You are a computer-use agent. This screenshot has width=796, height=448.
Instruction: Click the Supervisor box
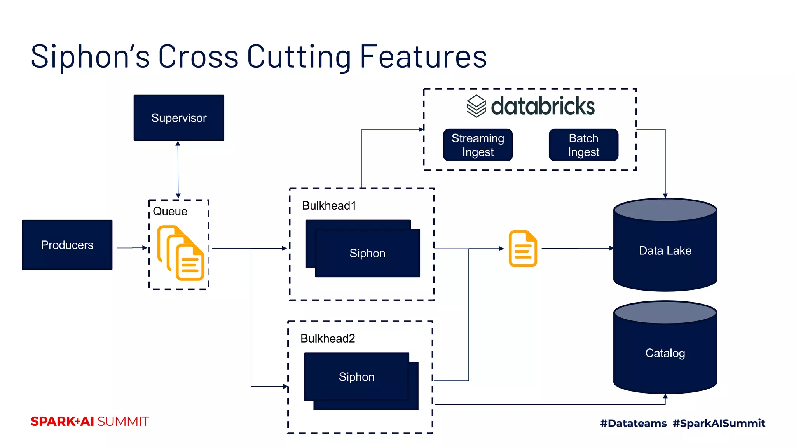point(179,118)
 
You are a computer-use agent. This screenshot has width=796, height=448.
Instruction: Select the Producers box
point(67,245)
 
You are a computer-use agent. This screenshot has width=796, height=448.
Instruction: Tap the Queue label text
point(170,211)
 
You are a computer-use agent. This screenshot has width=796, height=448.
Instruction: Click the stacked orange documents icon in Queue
point(181,253)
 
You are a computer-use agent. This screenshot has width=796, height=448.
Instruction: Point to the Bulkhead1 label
point(329,205)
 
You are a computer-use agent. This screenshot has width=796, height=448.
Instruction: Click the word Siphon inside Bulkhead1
point(367,253)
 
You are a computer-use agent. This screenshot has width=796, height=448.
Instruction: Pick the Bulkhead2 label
point(327,338)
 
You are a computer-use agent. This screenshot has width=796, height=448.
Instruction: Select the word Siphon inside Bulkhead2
point(356,377)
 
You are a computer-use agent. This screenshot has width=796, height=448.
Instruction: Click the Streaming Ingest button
point(478,145)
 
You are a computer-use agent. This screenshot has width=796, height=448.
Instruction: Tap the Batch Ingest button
point(583,145)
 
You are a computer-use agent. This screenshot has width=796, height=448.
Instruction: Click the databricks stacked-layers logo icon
point(476,106)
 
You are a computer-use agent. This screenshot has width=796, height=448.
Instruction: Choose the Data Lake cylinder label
point(665,250)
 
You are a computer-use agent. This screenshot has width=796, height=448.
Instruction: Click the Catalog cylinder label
point(665,353)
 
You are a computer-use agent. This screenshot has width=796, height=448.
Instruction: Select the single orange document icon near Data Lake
point(523,248)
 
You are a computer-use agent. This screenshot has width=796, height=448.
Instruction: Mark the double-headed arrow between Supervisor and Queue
point(178,170)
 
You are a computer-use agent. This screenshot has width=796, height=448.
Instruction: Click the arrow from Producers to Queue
point(132,248)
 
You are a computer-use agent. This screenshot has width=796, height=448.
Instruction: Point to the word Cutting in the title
point(299,57)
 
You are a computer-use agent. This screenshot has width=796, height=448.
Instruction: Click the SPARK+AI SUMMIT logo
point(90,422)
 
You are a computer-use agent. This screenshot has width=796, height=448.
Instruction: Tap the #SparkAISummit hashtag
point(719,423)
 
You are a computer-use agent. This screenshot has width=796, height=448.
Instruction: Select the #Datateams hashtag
point(633,423)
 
